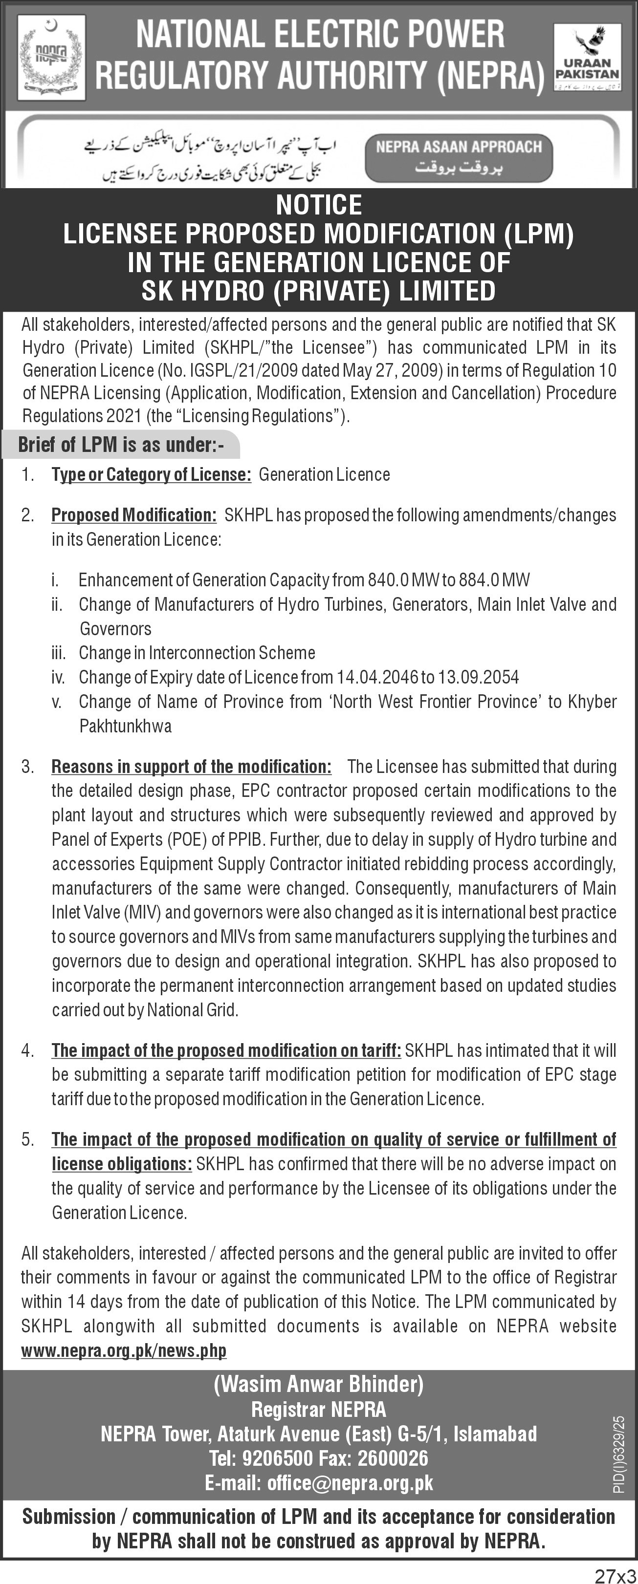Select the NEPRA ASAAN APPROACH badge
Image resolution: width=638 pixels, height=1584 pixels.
(459, 158)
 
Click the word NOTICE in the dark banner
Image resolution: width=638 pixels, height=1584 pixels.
(319, 205)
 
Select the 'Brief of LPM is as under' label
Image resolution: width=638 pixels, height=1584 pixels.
(121, 445)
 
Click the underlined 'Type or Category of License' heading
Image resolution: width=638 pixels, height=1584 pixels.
(152, 475)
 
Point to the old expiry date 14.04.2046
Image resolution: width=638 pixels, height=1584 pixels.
(376, 677)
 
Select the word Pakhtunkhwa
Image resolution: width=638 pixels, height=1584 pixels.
(126, 726)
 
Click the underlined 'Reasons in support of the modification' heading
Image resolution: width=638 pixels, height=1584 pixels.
(191, 767)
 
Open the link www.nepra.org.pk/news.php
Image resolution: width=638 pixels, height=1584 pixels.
(124, 1350)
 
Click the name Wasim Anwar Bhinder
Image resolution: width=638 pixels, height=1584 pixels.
(319, 1384)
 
